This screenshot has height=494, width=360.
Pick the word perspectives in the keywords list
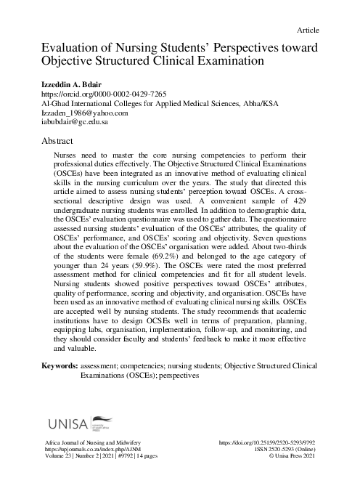click(x=173, y=376)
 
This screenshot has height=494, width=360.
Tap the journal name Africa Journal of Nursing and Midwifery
click(x=93, y=442)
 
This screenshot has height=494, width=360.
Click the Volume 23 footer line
click(x=97, y=458)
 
